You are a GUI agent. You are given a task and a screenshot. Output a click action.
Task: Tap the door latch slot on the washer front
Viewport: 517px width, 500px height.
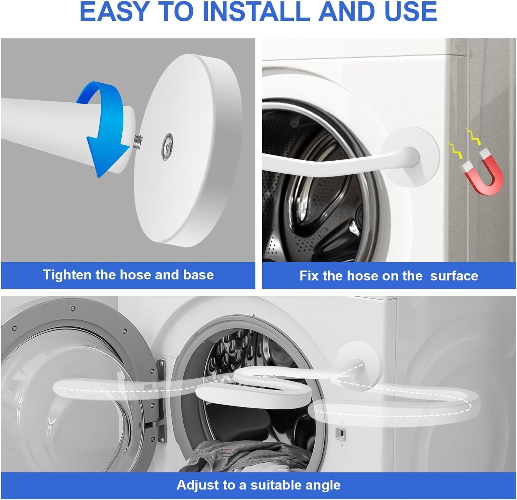pyautogui.click(x=340, y=432)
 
